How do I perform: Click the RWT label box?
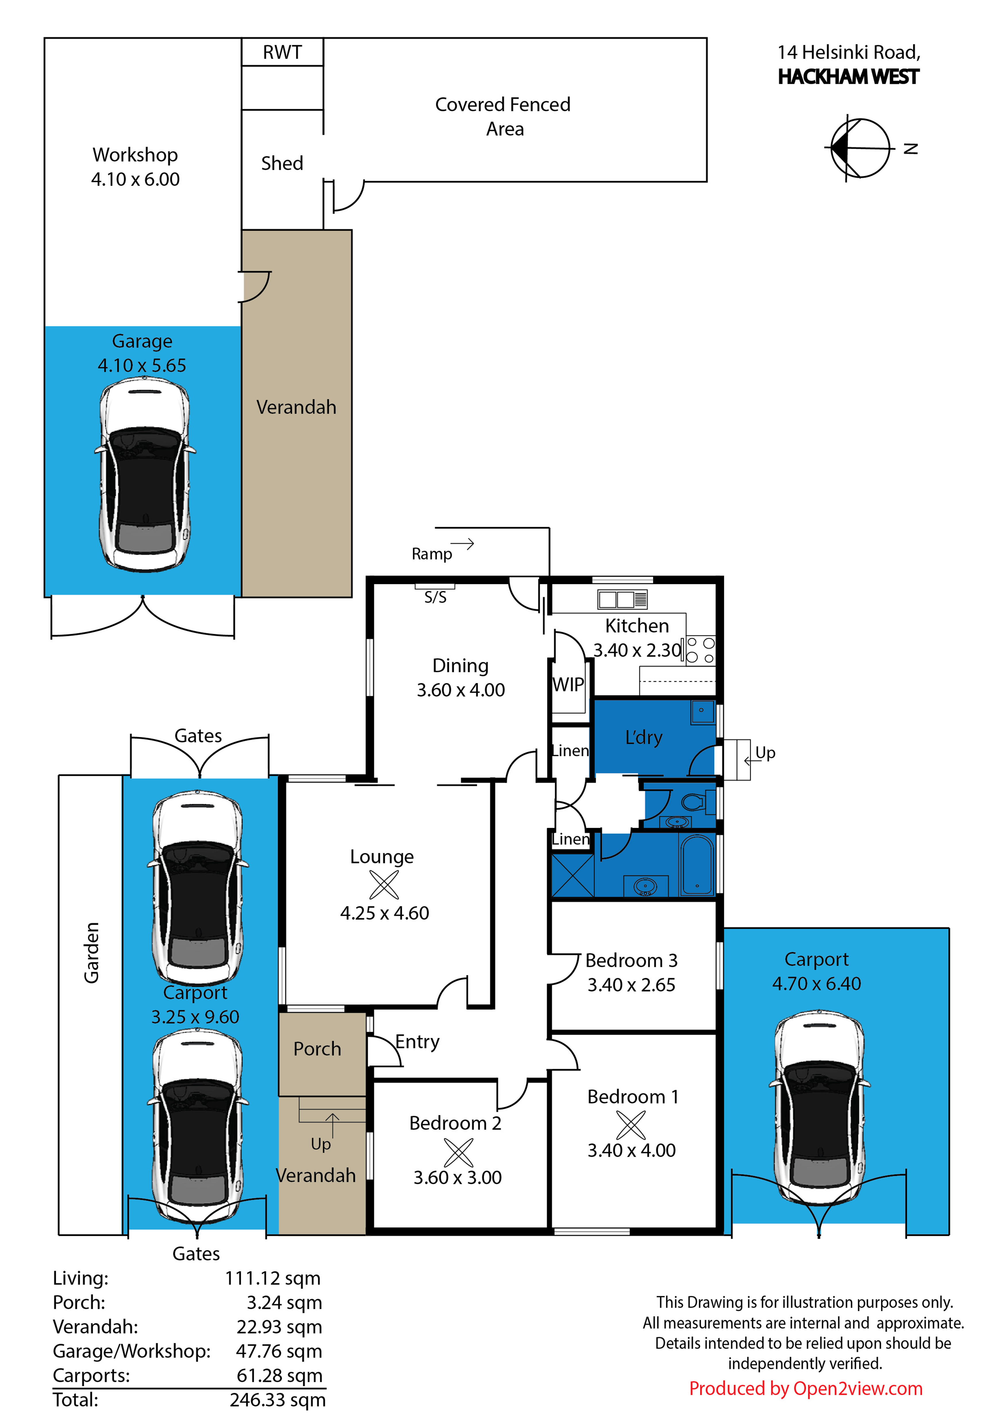[282, 52]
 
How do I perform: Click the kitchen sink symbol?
[622, 599]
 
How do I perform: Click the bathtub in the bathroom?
[697, 865]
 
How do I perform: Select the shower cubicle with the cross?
[572, 875]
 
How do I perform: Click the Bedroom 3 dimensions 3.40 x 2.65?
[631, 985]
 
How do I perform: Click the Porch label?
[317, 1049]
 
